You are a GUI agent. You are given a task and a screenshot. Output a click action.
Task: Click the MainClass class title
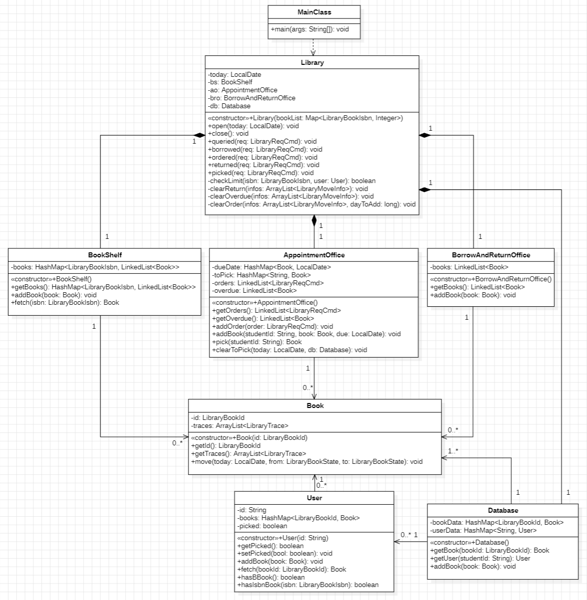(314, 12)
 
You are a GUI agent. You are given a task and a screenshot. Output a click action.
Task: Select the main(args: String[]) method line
(310, 29)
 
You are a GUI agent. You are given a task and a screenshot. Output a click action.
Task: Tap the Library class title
(312, 62)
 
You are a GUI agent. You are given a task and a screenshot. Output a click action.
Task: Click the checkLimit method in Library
(292, 181)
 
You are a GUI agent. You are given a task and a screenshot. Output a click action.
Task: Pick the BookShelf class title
(105, 255)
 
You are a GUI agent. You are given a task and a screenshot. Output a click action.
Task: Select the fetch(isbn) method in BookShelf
(65, 302)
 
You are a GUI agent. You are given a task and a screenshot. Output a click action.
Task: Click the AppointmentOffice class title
(314, 255)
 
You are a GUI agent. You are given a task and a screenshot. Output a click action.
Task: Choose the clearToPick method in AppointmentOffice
(289, 350)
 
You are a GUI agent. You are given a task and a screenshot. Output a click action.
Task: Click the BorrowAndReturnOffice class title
(491, 255)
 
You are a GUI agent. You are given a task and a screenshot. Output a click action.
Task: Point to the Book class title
(315, 405)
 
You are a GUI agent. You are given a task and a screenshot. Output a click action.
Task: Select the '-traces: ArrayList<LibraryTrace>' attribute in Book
(239, 425)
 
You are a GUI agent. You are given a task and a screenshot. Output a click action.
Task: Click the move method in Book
(307, 461)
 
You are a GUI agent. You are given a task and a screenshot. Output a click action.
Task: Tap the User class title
(314, 498)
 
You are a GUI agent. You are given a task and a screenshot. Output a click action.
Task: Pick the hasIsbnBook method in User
(308, 585)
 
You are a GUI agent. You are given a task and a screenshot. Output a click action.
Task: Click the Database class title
(503, 510)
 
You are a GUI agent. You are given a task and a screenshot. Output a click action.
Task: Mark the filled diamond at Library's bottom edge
(314, 220)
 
